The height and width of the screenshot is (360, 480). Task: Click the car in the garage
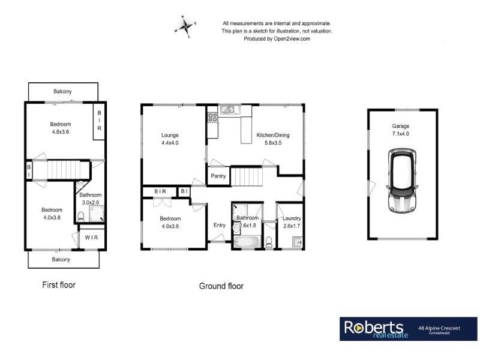pos(403,179)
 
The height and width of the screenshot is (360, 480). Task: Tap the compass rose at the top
pos(185,26)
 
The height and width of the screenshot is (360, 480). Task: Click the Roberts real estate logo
pos(376,329)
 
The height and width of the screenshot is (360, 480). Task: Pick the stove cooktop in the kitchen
pos(212,118)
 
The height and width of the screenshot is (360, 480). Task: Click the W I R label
pos(92,238)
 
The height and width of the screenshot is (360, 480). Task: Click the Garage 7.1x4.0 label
pos(401,130)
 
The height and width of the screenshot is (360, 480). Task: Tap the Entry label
pos(220,226)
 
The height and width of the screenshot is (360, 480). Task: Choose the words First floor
pos(59,284)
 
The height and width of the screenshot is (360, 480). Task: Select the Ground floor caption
pos(221,286)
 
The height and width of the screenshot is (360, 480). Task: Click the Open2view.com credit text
pos(277,38)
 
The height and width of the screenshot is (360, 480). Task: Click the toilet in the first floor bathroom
pos(81,218)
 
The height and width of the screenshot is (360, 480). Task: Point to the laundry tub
pos(296,242)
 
